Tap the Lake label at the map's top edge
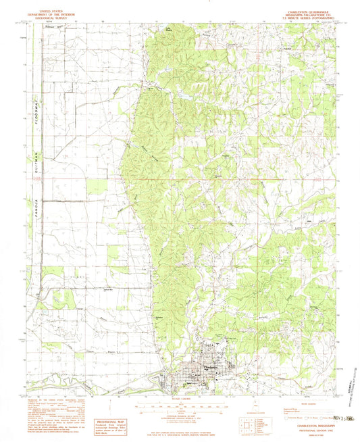(x=168, y=30)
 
